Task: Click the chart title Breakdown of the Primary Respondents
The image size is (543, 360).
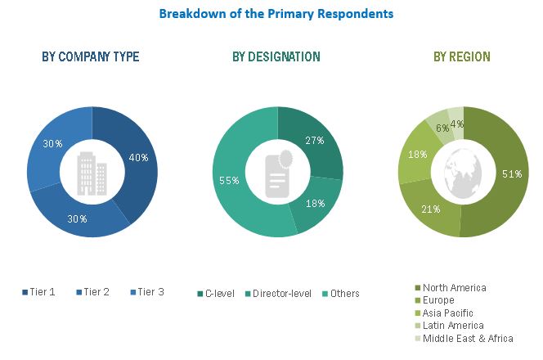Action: coord(276,14)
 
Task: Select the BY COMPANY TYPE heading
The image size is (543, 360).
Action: coord(91,56)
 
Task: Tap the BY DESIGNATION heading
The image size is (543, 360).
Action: coord(276,56)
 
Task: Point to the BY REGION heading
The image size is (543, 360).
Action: coord(462,56)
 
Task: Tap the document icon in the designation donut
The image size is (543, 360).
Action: coord(277,173)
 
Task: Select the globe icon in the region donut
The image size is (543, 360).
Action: coord(463,173)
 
